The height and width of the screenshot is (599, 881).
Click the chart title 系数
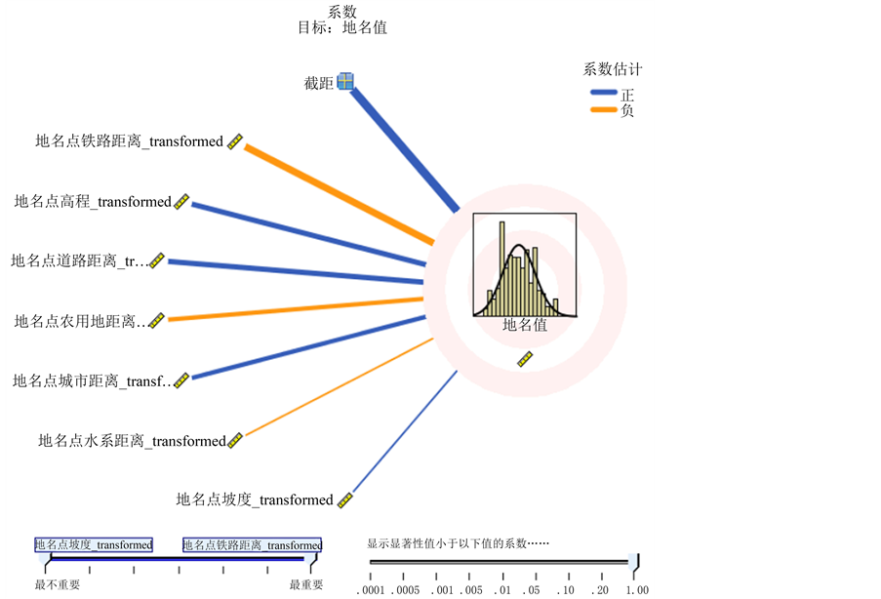[341, 11]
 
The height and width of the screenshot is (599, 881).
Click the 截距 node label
[319, 83]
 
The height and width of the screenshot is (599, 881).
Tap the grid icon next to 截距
[344, 82]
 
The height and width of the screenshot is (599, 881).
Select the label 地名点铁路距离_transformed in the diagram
[129, 141]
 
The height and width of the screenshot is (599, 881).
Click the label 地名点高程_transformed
[93, 202]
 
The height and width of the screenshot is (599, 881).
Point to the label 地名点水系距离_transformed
[132, 441]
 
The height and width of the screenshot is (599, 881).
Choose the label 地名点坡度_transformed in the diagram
[255, 499]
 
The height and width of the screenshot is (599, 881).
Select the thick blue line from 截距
[405, 147]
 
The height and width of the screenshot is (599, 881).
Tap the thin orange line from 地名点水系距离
[337, 388]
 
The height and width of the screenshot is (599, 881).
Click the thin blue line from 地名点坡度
[404, 433]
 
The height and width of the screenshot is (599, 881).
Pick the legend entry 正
[626, 95]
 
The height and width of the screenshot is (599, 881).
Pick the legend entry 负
[626, 110]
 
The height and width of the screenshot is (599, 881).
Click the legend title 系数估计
[612, 70]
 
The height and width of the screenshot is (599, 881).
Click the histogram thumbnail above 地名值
[524, 264]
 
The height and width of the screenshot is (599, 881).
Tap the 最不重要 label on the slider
[58, 584]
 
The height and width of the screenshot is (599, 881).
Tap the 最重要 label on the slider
[307, 584]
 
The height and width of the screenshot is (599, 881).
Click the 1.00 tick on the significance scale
[637, 590]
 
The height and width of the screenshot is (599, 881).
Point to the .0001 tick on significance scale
[371, 590]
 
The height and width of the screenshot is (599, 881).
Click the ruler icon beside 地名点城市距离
[180, 379]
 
